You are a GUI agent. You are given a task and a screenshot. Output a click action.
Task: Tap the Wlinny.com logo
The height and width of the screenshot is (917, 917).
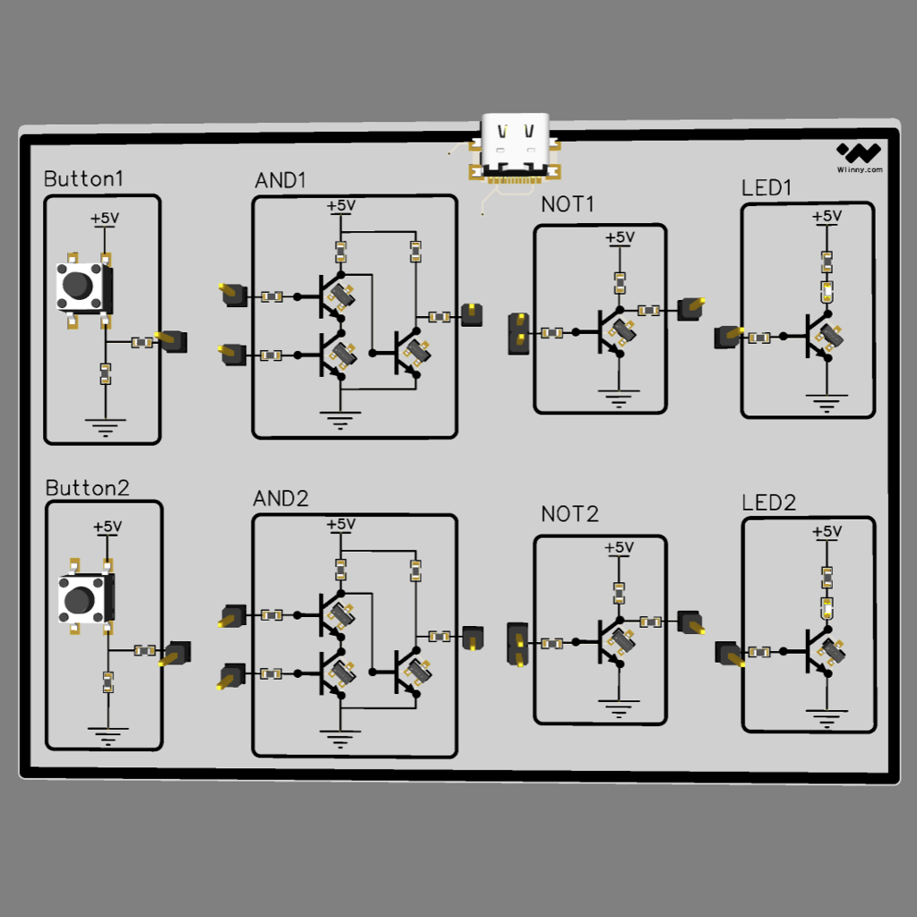coord(859,158)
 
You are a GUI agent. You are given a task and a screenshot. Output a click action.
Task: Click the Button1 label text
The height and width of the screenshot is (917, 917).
coord(83,179)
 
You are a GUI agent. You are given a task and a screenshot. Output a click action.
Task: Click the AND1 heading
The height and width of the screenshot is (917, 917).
coord(280,180)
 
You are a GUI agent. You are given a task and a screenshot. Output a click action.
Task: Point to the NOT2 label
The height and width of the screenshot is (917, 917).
coord(570,514)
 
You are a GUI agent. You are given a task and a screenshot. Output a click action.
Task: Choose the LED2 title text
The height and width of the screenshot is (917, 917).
coord(768,503)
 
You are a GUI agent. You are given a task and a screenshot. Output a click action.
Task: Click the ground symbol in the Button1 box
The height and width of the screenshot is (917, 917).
coord(106,427)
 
